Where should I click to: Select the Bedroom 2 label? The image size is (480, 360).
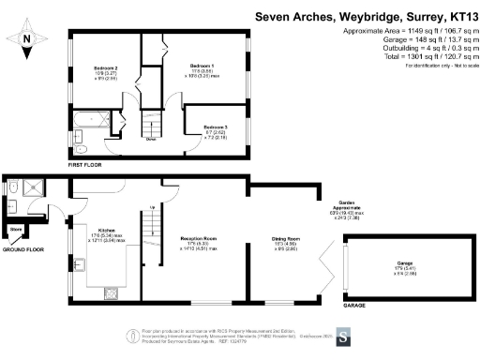tap(105, 69)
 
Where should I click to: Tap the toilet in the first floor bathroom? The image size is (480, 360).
tap(80, 148)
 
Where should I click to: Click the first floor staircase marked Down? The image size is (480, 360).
tap(150, 127)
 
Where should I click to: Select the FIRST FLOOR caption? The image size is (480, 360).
tap(88, 164)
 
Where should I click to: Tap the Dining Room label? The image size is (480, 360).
tap(277, 240)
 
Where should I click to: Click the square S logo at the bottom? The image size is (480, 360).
tap(344, 336)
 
